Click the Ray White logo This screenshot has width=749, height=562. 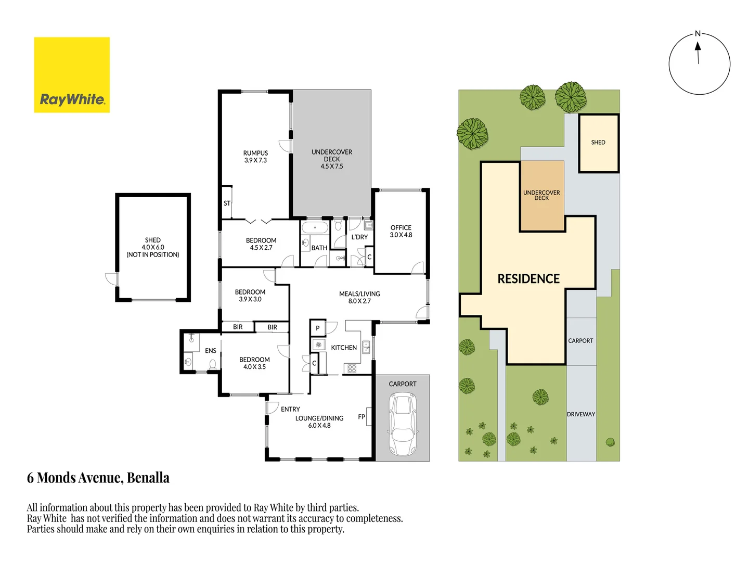[72, 75]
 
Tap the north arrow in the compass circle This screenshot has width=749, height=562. [698, 53]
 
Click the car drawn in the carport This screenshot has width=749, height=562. [403, 424]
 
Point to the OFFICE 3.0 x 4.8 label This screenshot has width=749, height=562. [401, 231]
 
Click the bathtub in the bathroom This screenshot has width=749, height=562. [315, 227]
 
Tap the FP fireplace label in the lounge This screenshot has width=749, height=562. [361, 417]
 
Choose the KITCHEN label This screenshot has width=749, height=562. [344, 348]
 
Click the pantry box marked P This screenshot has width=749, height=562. [318, 328]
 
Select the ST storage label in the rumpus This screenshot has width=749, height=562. [227, 203]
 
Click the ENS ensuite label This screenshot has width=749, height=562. [210, 350]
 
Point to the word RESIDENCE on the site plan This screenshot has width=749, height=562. [528, 279]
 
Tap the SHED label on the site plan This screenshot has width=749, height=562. [598, 142]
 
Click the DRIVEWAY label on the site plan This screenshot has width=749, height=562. [581, 414]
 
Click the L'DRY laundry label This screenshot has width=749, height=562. [359, 237]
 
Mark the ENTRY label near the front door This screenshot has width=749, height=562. [290, 409]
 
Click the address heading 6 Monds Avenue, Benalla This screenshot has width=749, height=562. [98, 478]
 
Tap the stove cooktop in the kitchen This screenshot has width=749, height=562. [352, 368]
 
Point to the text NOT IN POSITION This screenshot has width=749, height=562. [152, 254]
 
